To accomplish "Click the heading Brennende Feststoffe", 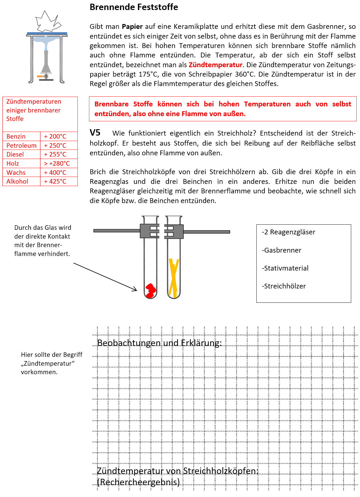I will [134, 7].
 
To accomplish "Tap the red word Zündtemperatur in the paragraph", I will [215, 65].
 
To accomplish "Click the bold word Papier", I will [132, 26].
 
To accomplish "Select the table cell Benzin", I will [16, 136].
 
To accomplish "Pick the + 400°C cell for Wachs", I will [55, 173].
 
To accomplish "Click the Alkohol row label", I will [17, 181].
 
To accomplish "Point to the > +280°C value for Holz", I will [57, 164].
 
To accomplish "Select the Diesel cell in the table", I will [15, 154].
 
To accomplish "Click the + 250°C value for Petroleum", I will [55, 146].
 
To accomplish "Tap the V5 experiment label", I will [95, 133].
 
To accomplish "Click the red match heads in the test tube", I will [150, 290].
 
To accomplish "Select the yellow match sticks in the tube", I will [174, 278].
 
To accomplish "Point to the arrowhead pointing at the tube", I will [135, 289].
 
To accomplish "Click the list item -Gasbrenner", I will [281, 250].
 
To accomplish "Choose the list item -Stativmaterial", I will [285, 268].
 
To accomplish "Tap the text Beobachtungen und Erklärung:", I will [159, 343].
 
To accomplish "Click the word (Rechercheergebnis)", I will [139, 482].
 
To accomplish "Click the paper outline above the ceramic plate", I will [47, 22].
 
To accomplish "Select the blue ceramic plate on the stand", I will [47, 33].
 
